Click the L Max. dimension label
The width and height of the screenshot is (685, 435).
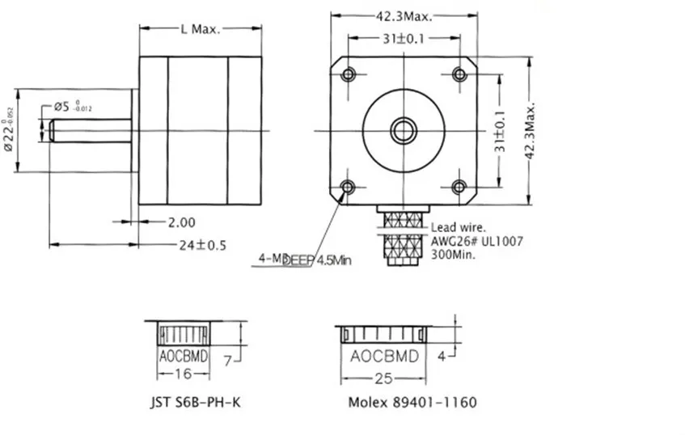(x=199, y=29)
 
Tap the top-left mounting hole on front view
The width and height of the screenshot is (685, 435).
(x=349, y=74)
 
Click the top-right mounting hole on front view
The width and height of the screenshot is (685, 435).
(x=459, y=74)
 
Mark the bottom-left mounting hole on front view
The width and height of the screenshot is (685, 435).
(x=349, y=187)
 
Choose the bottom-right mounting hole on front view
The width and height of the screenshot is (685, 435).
(x=459, y=187)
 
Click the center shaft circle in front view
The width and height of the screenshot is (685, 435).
(x=404, y=129)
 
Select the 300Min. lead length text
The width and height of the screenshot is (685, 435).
(x=453, y=254)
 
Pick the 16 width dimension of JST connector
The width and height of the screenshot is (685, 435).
(x=183, y=374)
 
